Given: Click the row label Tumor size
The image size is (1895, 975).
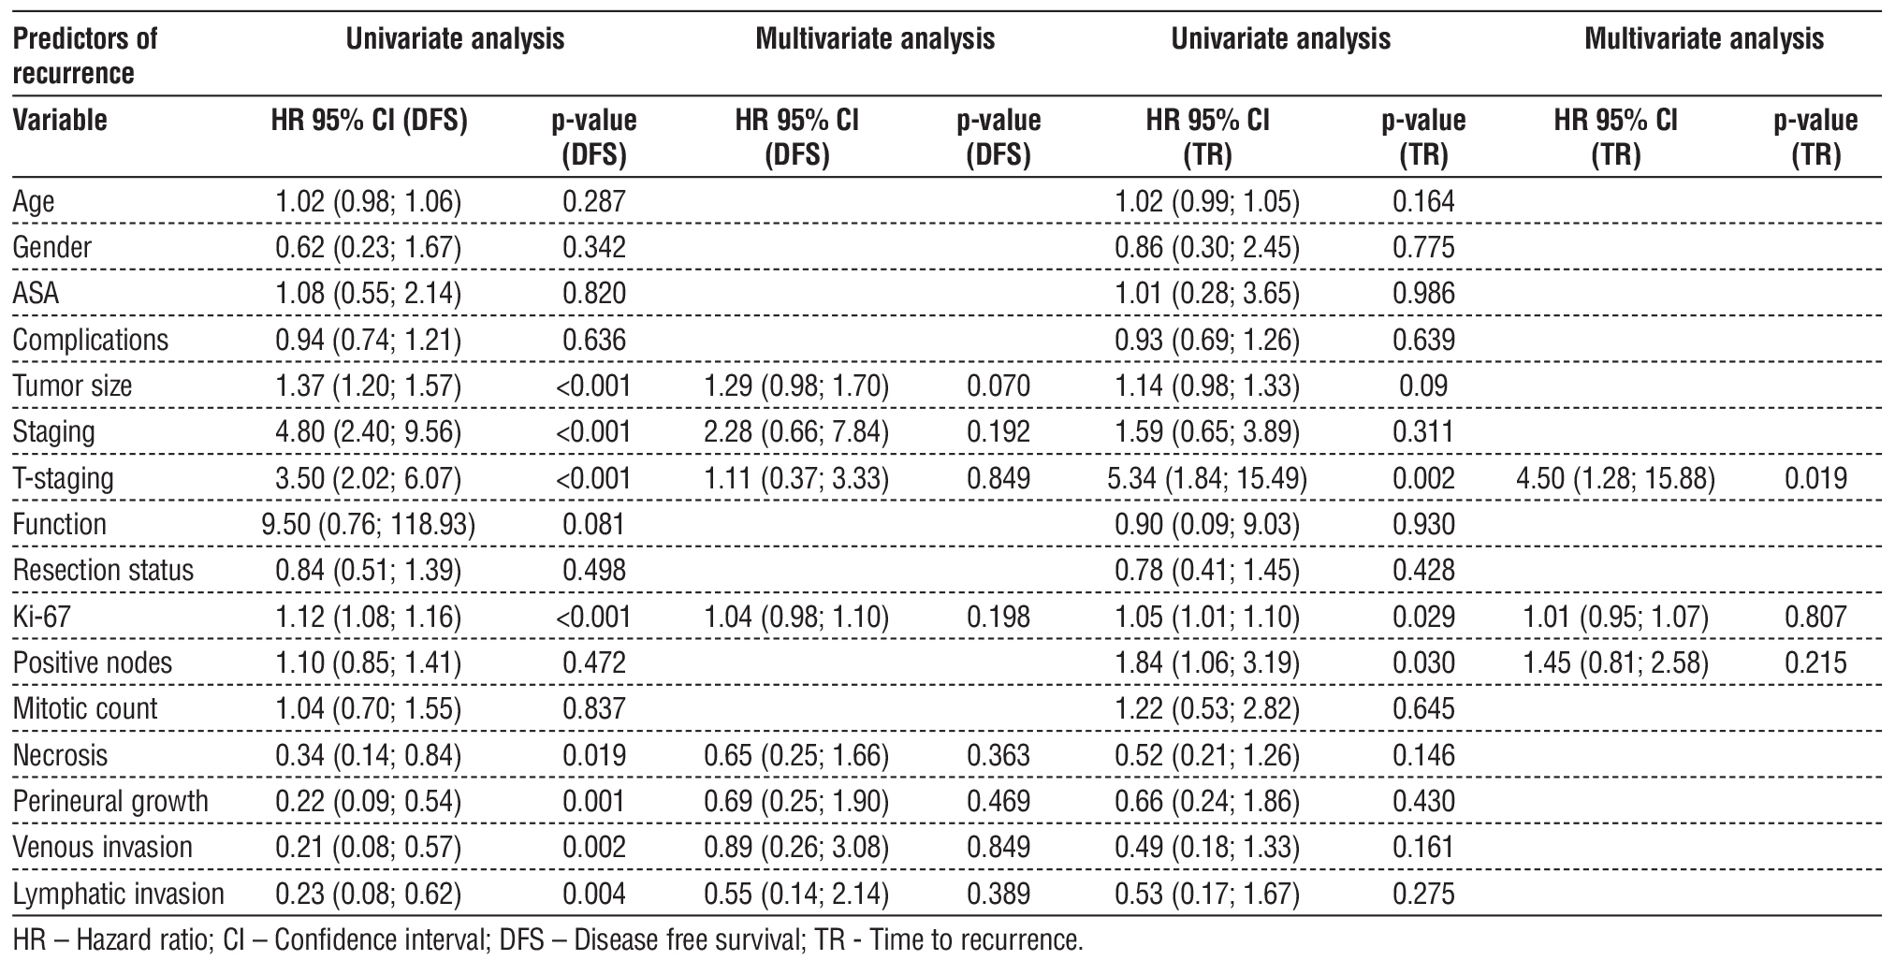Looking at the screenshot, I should click(x=73, y=386).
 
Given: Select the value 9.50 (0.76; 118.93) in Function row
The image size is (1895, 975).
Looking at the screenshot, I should click(x=369, y=524).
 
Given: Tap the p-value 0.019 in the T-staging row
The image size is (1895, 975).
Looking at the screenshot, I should click(x=1815, y=478).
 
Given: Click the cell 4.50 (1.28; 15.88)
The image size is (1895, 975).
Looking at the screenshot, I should click(x=1615, y=478).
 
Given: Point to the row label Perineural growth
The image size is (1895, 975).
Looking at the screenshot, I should click(x=110, y=801).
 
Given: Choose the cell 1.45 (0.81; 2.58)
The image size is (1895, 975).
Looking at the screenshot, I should click(x=1615, y=662).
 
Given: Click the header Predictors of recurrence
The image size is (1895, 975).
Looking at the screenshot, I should click(x=85, y=56).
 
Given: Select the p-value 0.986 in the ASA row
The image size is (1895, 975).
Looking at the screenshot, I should click(x=1423, y=294).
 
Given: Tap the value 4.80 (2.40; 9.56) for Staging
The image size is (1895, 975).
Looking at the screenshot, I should click(x=369, y=431).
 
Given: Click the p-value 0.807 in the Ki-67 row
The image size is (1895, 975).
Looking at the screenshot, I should click(x=1815, y=617).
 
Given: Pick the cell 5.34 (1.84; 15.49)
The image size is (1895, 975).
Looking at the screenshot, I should click(x=1207, y=478).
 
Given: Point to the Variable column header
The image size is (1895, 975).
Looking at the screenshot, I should click(x=60, y=121).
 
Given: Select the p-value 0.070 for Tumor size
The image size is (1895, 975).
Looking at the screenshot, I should click(x=999, y=386).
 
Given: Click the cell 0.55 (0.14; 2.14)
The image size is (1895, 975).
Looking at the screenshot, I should click(x=796, y=894).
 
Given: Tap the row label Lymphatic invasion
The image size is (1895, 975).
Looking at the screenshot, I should click(x=119, y=894).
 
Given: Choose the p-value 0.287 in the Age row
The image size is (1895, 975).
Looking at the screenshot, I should click(x=594, y=201).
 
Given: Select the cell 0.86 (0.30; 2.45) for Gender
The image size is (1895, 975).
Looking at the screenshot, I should click(x=1207, y=248).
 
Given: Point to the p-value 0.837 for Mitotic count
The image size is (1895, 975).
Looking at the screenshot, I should click(x=594, y=708).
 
